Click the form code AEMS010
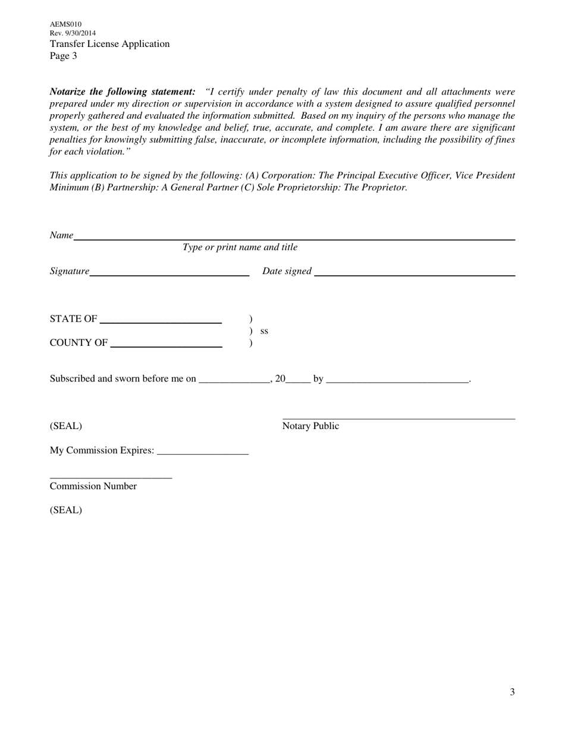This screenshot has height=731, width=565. (x=65, y=24)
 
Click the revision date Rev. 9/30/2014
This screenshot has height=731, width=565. (x=73, y=33)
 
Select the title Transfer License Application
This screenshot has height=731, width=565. (x=109, y=44)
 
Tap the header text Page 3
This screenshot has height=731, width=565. (x=63, y=56)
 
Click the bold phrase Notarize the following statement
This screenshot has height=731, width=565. (x=121, y=92)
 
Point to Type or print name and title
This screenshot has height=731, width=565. (x=240, y=247)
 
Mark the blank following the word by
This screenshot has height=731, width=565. (x=397, y=380)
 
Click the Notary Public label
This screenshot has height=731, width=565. (x=310, y=426)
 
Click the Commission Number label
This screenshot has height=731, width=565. (x=93, y=486)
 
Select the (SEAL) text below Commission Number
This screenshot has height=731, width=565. (x=65, y=510)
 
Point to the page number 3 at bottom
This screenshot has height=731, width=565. (x=512, y=692)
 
